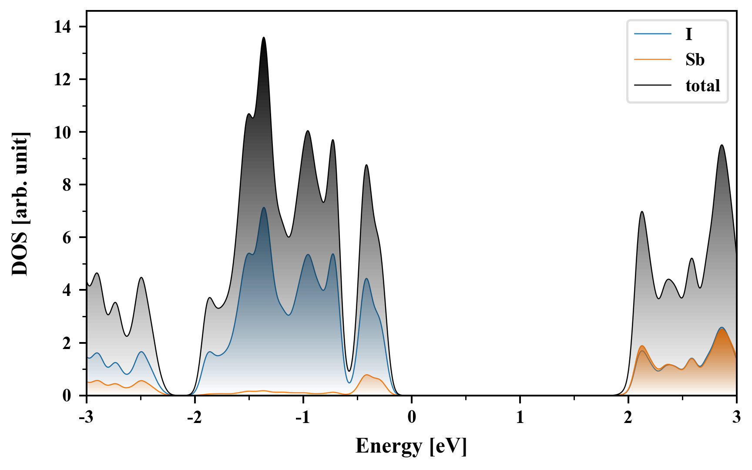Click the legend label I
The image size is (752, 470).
688,34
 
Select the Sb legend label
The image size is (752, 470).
695,60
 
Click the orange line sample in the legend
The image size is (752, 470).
652,60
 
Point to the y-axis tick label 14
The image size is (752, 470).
63,27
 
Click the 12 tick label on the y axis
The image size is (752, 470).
63,80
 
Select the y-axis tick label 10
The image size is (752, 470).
63,132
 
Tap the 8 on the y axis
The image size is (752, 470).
67,185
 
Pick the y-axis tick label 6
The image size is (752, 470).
67,238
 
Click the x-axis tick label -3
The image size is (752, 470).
87,418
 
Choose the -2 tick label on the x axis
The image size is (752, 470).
195,418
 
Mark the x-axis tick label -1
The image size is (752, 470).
303,418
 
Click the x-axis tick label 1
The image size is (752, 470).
520,418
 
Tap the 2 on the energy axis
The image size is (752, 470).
628,418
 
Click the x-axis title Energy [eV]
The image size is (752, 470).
411,446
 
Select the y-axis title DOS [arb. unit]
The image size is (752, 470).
20,204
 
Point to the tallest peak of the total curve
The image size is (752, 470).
263,38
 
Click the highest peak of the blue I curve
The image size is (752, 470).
263,208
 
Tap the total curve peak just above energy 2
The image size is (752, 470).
642,212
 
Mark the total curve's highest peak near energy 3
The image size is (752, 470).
722,145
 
